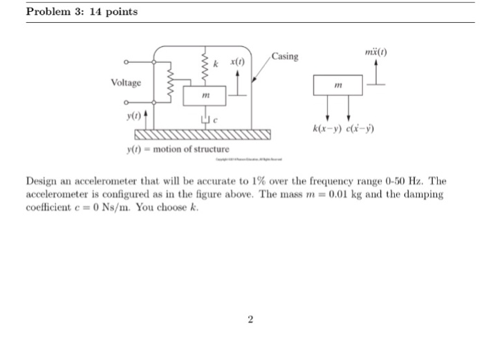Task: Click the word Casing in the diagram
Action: (x=285, y=56)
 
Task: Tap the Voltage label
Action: (x=125, y=83)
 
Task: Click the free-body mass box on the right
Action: (x=337, y=85)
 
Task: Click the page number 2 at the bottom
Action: (x=250, y=319)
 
